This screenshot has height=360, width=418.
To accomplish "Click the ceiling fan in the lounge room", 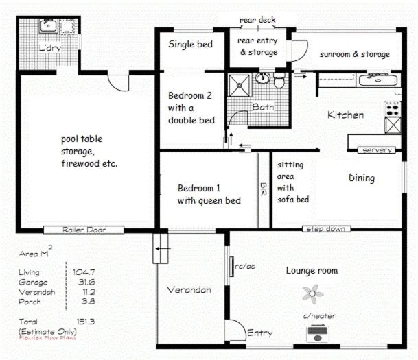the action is (313, 294).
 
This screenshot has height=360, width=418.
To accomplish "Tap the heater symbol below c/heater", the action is (317, 333).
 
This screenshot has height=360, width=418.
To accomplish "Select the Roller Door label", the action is (84, 230).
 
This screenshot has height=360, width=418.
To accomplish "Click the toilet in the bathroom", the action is (279, 80).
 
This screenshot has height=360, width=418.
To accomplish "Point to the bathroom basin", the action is (263, 78).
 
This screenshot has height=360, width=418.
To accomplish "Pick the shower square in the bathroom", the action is (240, 86).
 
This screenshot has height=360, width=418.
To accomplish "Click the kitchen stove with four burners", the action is (393, 108).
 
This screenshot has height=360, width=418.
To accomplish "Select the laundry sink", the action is (48, 26).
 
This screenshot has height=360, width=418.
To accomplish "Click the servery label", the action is (377, 150).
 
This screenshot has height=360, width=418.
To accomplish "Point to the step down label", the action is (326, 229).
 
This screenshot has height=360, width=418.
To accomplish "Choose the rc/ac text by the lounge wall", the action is (245, 266).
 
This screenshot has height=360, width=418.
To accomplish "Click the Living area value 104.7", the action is (84, 272).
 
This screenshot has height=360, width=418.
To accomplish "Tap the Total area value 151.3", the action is (86, 322).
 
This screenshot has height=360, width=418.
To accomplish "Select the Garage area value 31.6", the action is (86, 282).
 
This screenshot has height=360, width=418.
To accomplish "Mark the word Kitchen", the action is (345, 115).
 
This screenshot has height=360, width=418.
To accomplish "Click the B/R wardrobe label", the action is (263, 189).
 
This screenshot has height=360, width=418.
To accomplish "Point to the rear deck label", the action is (257, 20).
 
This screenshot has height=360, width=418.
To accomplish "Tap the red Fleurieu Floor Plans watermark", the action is (47, 338).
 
